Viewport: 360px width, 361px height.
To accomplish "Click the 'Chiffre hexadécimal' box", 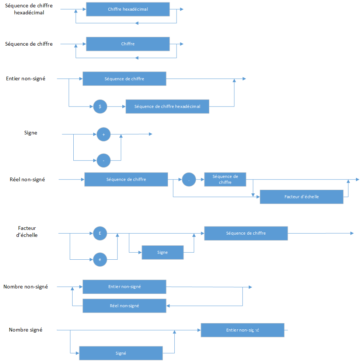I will pyautogui.click(x=128, y=9).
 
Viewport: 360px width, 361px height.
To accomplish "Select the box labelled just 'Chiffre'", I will pyautogui.click(x=128, y=44).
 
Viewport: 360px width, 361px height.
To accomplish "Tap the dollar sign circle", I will pyautogui.click(x=100, y=106).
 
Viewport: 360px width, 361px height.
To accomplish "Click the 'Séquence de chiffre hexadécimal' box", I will pyautogui.click(x=167, y=106).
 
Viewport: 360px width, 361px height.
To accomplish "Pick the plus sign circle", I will pyautogui.click(x=104, y=135).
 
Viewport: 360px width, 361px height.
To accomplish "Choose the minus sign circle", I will pyautogui.click(x=104, y=161).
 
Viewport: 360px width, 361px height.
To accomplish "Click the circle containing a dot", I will pyautogui.click(x=189, y=180).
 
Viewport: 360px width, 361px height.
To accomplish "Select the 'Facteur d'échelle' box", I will pyautogui.click(x=301, y=197).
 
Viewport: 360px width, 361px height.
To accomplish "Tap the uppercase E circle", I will pyautogui.click(x=100, y=233).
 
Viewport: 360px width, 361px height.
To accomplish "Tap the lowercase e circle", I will pyautogui.click(x=100, y=259).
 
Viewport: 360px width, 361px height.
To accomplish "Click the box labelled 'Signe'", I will pyautogui.click(x=162, y=252).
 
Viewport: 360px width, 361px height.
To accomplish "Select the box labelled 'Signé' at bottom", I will pyautogui.click(x=121, y=353).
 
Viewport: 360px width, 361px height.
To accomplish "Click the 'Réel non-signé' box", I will pyautogui.click(x=124, y=306).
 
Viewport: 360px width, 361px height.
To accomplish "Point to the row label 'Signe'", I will pyautogui.click(x=31, y=133).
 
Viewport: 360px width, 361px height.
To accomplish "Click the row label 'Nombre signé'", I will pyautogui.click(x=26, y=330).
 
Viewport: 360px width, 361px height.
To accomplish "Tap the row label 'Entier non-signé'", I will pyautogui.click(x=26, y=78).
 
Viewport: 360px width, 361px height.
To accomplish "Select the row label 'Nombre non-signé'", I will pyautogui.click(x=26, y=287).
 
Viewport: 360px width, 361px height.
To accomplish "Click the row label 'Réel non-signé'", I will pyautogui.click(x=28, y=180).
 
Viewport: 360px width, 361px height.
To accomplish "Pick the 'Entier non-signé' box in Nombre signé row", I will pyautogui.click(x=242, y=330).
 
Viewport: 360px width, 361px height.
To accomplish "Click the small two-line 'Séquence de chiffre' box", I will pyautogui.click(x=225, y=179).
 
